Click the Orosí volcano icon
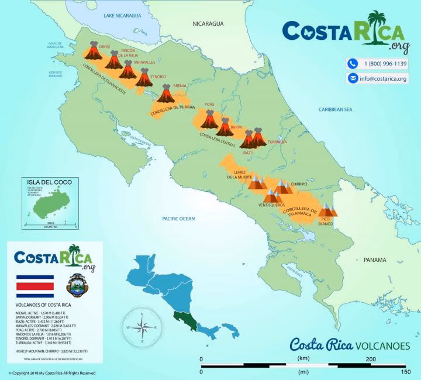(x=93, y=51)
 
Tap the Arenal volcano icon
(x=165, y=94)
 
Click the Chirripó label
(x=298, y=184)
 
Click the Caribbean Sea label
(x=336, y=109)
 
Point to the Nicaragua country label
(x=209, y=23)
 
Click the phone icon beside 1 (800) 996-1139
(x=353, y=64)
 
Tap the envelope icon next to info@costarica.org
(x=353, y=78)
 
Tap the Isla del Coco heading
(x=47, y=182)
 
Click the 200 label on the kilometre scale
(x=370, y=358)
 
